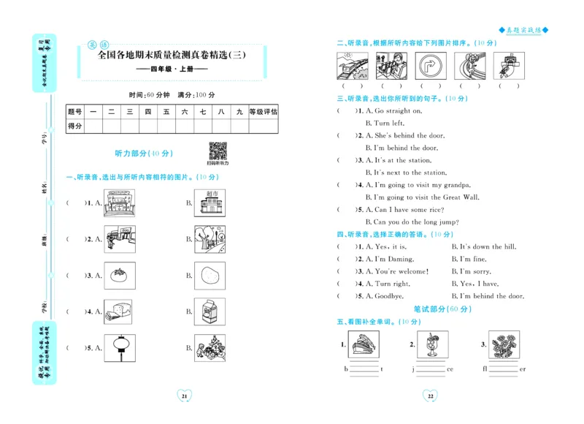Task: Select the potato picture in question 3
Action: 209,276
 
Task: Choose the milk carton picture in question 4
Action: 209,311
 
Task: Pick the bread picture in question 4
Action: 118,311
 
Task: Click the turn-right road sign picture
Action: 429,66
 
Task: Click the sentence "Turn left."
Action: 384,124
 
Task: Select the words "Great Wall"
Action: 461,197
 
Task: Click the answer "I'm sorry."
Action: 471,271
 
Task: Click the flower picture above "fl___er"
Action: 504,345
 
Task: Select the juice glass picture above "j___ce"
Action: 432,345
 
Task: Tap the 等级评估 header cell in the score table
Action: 263,112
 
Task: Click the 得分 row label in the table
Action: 75,126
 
